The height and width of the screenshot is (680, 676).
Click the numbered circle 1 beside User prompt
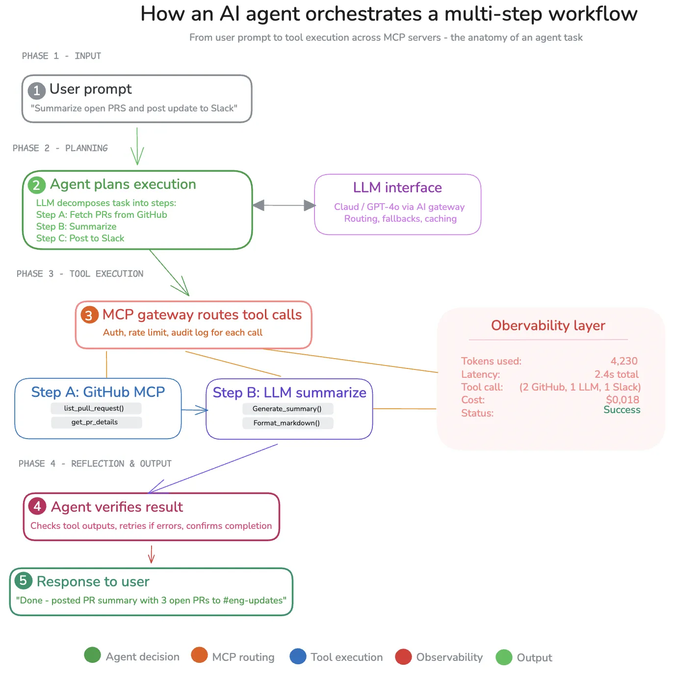36,91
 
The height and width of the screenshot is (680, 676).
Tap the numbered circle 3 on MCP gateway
89,315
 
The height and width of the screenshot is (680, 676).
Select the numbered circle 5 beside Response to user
23,580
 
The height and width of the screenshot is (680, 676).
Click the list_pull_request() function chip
96,408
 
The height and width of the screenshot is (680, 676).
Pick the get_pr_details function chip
96,422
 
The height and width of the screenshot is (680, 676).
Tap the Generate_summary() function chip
287,409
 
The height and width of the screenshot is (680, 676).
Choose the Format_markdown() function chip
287,423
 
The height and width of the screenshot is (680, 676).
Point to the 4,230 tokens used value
624,361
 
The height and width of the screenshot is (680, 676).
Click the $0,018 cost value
622,400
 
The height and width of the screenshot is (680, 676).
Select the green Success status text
622,410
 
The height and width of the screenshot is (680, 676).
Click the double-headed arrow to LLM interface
284,206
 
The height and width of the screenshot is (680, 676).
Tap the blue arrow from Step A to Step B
194,410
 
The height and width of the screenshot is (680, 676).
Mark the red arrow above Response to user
151,554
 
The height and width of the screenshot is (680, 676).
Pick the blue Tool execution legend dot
298,656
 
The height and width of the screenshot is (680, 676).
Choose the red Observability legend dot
403,657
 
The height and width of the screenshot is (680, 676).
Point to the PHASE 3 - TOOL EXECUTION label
80,274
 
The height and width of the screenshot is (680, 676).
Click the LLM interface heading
397,187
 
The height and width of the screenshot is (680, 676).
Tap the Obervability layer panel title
548,326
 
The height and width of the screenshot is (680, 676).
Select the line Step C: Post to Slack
80,238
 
